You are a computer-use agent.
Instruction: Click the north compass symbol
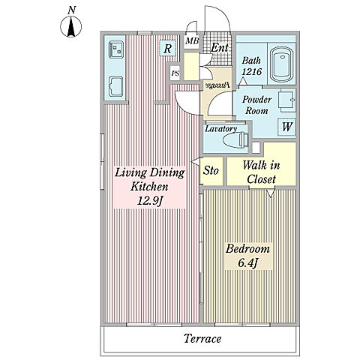(71, 26)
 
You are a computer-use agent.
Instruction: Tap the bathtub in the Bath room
(283, 64)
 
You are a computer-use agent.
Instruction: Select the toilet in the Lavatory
(236, 140)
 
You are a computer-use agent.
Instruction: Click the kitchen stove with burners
(116, 49)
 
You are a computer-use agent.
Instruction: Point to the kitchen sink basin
(116, 86)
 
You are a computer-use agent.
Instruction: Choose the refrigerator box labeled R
(167, 49)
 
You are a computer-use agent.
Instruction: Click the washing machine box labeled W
(286, 127)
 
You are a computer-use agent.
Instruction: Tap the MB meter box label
(192, 40)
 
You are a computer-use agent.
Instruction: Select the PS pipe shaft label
(175, 73)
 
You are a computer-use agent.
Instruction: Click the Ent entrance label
(220, 47)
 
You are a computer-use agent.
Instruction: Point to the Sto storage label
(211, 171)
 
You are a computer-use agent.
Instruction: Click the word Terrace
(202, 338)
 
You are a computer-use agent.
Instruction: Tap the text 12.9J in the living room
(150, 201)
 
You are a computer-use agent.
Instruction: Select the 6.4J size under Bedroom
(247, 262)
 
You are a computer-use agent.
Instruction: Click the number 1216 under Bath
(252, 71)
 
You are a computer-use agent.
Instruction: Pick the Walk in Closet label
(261, 172)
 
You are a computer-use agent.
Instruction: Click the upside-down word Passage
(217, 85)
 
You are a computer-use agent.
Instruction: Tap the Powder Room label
(256, 105)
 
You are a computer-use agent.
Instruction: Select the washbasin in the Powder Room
(287, 100)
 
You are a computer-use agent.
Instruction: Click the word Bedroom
(247, 249)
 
